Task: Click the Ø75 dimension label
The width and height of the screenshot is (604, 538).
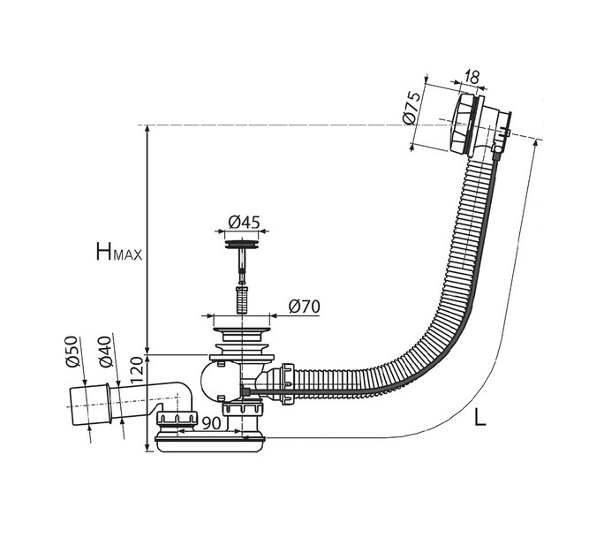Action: [x=411, y=108]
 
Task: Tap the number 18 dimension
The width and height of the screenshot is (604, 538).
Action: [x=472, y=77]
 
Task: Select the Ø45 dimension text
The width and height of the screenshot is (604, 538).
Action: [x=245, y=223]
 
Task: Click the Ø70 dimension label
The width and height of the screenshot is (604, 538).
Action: [x=305, y=307]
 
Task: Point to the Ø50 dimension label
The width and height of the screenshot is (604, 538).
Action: [x=72, y=352]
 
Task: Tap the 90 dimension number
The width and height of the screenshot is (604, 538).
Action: [x=211, y=423]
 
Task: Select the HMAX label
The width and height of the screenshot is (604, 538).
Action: [x=119, y=251]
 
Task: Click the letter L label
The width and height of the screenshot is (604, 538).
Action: [x=480, y=416]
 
